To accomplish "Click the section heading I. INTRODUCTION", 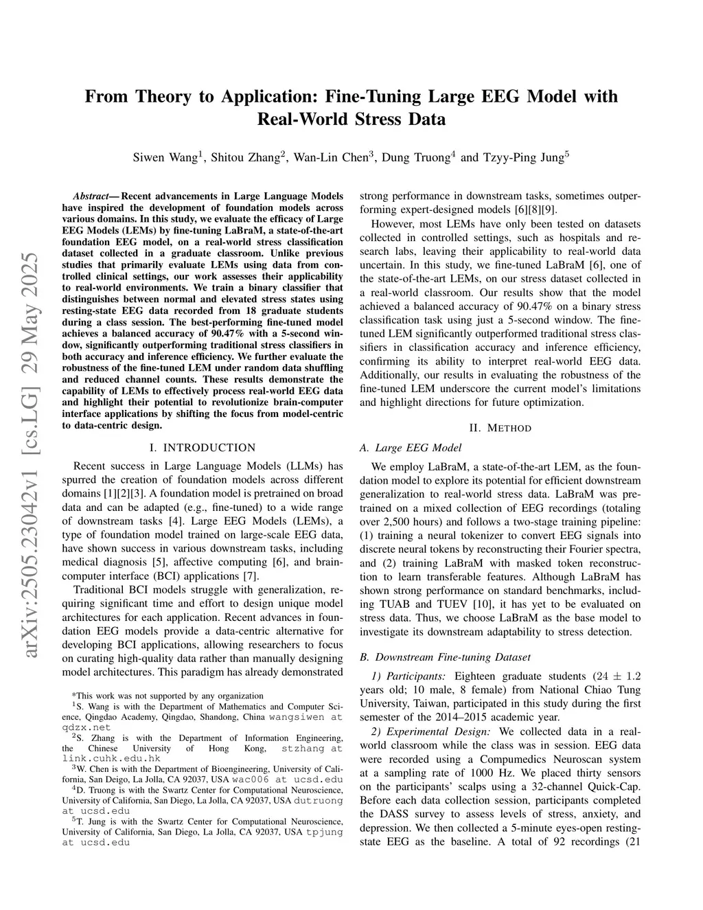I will pyautogui.click(x=202, y=448).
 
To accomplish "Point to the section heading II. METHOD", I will pyautogui.click(x=500, y=428).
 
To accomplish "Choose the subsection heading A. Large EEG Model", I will pyautogui.click(x=411, y=448).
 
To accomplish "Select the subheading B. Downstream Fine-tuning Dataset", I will pyautogui.click(x=445, y=657).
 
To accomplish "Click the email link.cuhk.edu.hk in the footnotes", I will pyautogui.click(x=111, y=758).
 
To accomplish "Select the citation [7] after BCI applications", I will pyautogui.click(x=251, y=576).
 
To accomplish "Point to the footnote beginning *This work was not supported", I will pyautogui.click(x=168, y=696).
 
